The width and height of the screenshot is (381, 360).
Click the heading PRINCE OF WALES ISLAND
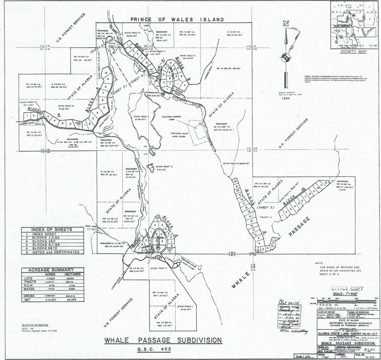(x=177, y=19)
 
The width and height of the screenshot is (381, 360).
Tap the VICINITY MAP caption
(x=349, y=52)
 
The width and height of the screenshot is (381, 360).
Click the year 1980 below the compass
(x=285, y=98)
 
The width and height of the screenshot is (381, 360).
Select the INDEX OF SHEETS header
(x=52, y=229)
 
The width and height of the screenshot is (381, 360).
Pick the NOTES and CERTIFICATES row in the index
(x=56, y=252)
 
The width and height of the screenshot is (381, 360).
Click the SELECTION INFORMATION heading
(x=35, y=325)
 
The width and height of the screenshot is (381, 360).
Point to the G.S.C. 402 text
(x=163, y=349)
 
